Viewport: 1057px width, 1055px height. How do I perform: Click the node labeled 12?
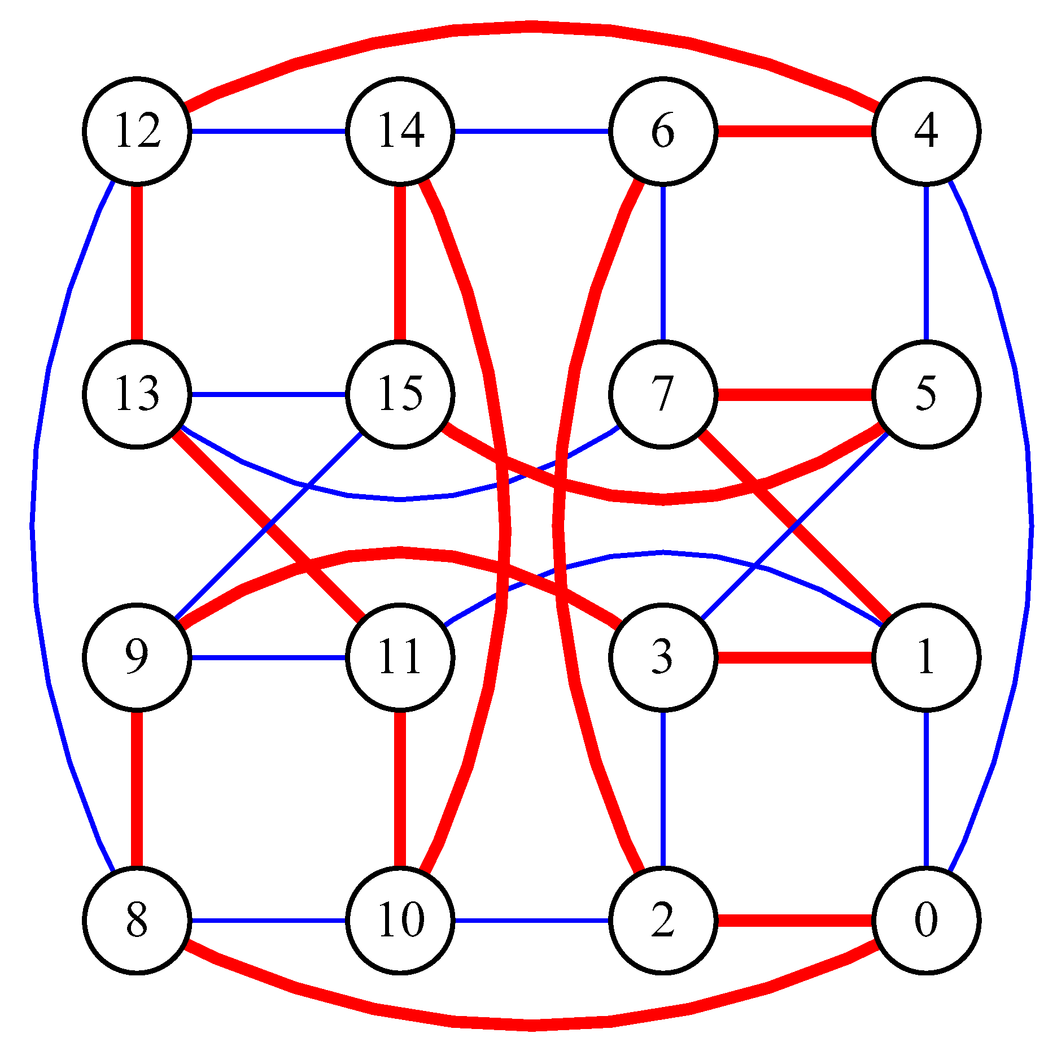137,131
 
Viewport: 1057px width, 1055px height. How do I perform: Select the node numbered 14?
400,131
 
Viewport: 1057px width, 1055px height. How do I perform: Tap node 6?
663,131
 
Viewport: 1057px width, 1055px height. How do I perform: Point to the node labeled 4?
926,131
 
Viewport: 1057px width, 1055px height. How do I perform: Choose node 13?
137,394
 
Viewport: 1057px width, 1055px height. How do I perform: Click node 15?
400,394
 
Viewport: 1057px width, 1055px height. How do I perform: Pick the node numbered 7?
663,394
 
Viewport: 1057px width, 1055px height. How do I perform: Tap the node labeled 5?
926,394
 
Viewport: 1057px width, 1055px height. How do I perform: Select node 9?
137,657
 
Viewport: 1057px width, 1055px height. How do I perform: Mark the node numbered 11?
400,657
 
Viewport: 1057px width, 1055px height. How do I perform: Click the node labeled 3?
663,657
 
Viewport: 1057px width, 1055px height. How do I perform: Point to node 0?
926,921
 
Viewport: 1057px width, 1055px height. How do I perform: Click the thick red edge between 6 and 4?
794,132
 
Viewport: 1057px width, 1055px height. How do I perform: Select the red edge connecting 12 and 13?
137,263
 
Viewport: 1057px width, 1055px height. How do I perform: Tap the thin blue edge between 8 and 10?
268,921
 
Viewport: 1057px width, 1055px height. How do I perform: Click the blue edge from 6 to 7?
663,263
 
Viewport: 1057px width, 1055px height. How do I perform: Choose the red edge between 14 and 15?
400,263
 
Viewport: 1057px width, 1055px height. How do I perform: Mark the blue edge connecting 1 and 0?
926,789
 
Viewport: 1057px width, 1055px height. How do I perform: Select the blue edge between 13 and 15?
268,394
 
